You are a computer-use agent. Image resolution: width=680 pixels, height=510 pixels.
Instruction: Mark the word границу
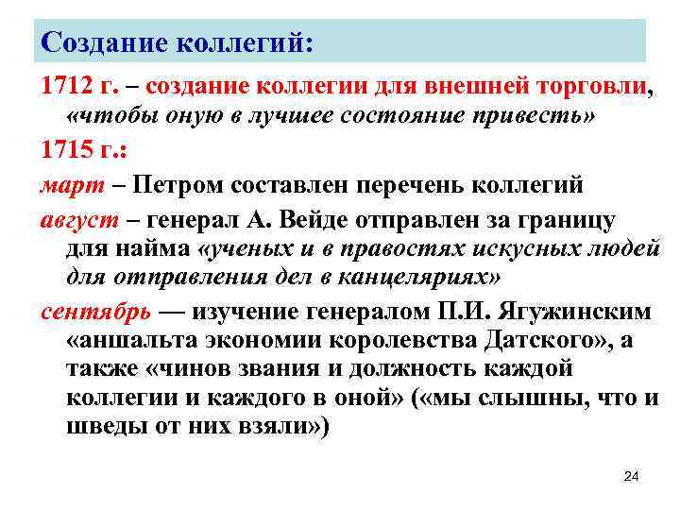point(564,219)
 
